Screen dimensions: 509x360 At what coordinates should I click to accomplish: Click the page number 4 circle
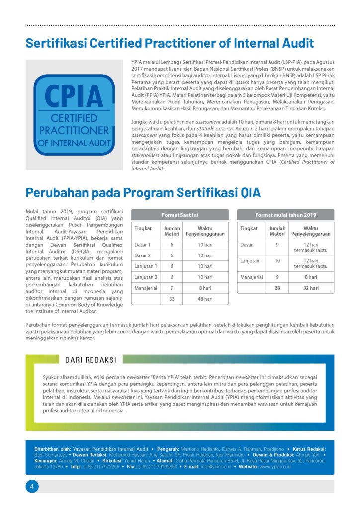tap(32, 486)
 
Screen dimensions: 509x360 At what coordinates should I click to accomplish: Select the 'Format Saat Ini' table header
tap(180, 215)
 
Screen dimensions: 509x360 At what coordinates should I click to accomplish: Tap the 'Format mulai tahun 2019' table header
tap(285, 215)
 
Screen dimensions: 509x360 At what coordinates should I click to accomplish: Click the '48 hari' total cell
tap(205, 299)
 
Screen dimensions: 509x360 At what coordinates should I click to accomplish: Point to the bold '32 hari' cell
tap(311, 288)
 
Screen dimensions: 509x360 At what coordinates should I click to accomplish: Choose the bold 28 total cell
tap(277, 288)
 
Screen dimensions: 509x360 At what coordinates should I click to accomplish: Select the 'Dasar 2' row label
tap(143, 255)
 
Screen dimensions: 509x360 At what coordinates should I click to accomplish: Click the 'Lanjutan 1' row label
tap(146, 266)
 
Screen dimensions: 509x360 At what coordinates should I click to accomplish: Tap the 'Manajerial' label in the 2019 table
tap(252, 277)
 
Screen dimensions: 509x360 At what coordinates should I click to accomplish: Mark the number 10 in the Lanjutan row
tap(277, 260)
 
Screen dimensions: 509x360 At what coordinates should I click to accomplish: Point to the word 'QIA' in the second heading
tap(244, 192)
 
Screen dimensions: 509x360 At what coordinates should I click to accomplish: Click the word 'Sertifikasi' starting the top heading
tap(56, 43)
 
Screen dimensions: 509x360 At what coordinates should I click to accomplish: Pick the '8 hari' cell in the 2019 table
tap(311, 277)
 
